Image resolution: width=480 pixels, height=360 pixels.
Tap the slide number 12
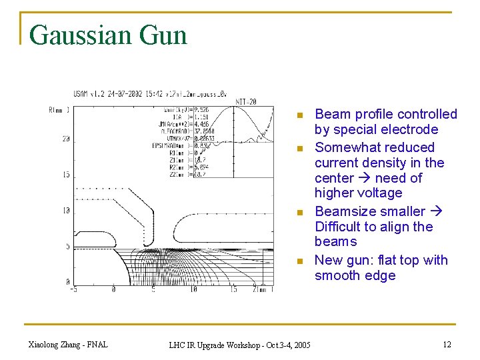(x=446, y=344)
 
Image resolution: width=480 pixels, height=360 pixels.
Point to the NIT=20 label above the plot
(x=246, y=101)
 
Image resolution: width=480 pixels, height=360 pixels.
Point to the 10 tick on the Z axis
(x=193, y=289)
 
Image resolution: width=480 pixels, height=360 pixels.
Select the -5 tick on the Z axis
(x=73, y=289)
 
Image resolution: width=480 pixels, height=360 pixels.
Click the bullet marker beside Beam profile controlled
(x=301, y=115)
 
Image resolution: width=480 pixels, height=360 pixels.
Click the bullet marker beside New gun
(x=301, y=261)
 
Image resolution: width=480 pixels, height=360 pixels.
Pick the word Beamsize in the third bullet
(x=344, y=211)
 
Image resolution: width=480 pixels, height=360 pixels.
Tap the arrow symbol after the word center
(x=363, y=178)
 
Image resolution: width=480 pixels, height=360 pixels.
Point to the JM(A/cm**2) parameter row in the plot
(x=176, y=124)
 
